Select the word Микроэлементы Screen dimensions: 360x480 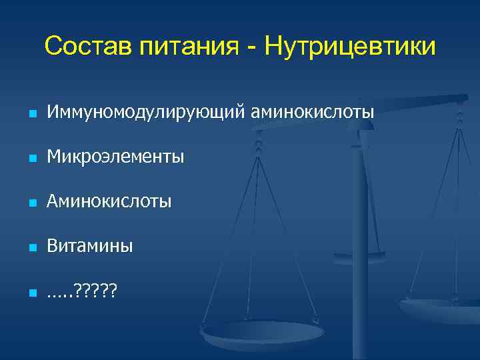pos(115,157)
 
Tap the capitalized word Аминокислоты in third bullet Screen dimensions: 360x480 pos(109,201)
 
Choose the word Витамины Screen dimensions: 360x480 pos(90,246)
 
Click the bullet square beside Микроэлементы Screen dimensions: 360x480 pos(31,159)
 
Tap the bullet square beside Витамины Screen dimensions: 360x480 pos(31,247)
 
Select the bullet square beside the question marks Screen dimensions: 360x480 pos(31,291)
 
